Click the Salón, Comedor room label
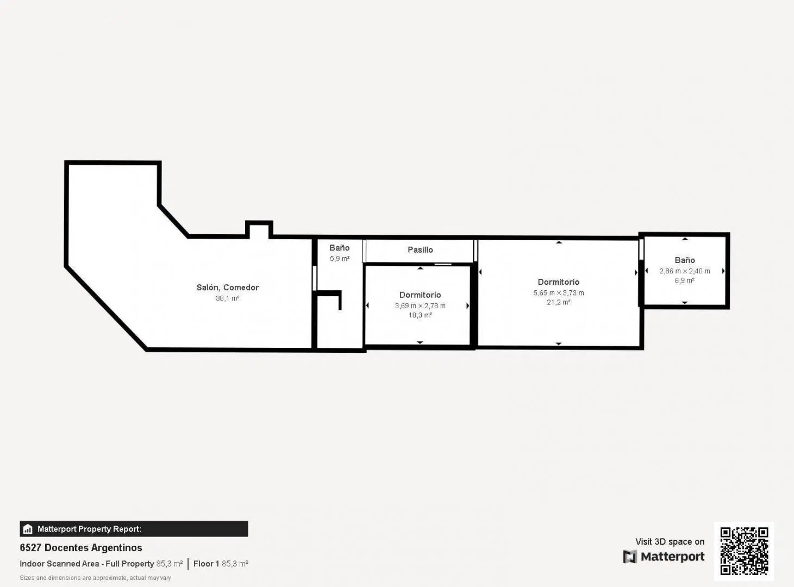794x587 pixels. click(x=227, y=287)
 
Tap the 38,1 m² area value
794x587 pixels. click(x=227, y=298)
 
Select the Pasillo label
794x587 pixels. click(x=420, y=249)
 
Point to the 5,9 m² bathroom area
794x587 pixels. click(x=339, y=259)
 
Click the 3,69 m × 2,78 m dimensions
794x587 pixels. click(x=420, y=306)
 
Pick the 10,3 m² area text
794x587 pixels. click(x=420, y=315)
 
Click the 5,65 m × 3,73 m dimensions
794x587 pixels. click(x=559, y=293)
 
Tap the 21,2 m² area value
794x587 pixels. click(x=559, y=302)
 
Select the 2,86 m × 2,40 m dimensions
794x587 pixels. click(x=684, y=271)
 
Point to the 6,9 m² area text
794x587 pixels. click(x=684, y=280)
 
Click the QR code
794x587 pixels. click(x=744, y=551)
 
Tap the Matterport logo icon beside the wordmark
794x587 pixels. click(x=630, y=557)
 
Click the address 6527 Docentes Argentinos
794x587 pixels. click(x=81, y=548)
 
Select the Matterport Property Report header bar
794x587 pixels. click(x=134, y=529)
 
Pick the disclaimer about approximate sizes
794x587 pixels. click(x=95, y=578)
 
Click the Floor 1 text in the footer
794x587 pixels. click(x=206, y=564)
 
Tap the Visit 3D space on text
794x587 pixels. click(x=670, y=541)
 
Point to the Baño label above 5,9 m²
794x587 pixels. click(x=339, y=248)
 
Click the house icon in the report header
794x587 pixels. click(x=28, y=529)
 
